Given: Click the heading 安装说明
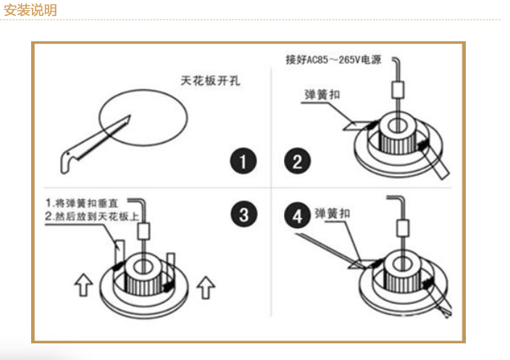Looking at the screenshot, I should pyautogui.click(x=30, y=10).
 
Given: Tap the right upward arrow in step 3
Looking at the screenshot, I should pyautogui.click(x=206, y=288).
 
